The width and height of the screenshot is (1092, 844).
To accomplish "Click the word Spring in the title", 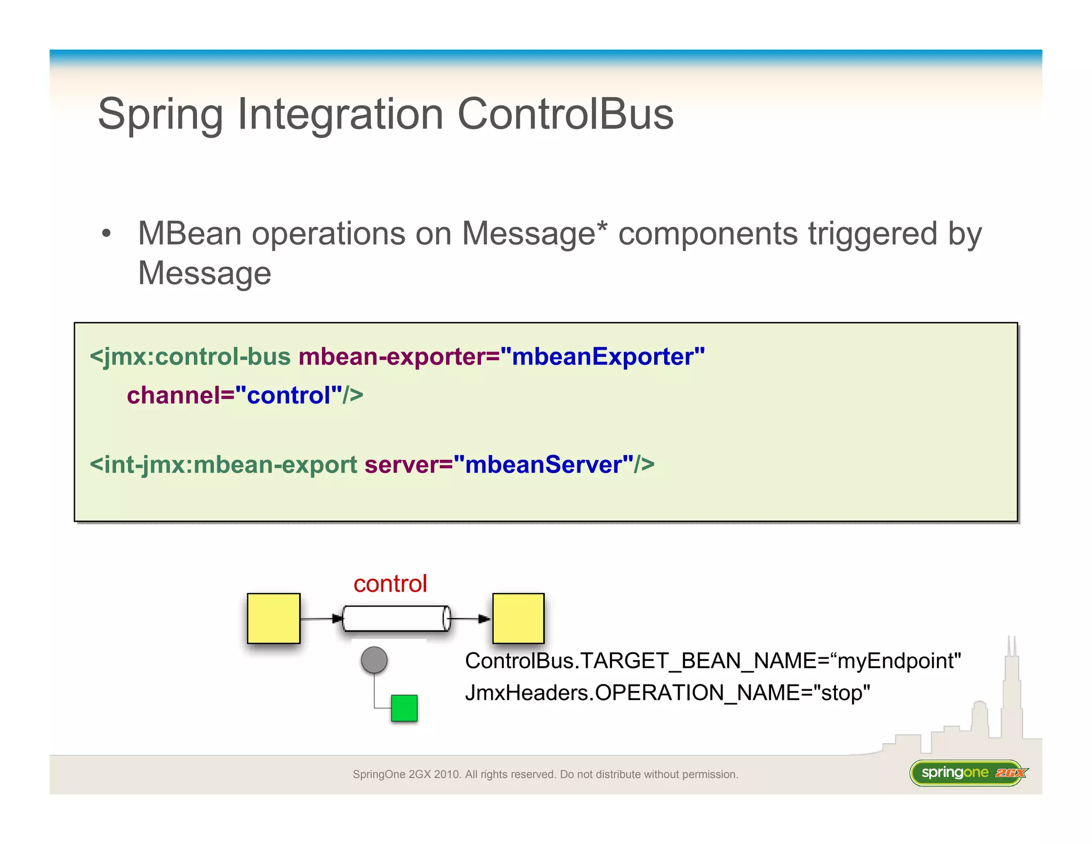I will (x=160, y=115).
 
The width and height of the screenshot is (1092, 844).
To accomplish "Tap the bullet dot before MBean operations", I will (x=107, y=234).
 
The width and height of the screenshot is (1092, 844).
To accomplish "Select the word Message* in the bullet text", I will (x=534, y=234).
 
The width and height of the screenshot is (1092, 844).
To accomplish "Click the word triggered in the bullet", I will (x=872, y=234).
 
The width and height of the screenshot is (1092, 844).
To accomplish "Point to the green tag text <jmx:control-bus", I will (x=190, y=356).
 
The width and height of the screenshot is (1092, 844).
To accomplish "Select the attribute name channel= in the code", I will (x=180, y=395).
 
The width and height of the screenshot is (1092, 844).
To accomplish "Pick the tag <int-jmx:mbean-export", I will (x=223, y=465).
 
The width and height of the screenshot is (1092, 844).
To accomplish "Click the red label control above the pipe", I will (x=390, y=584).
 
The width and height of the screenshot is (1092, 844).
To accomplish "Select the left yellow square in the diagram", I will (x=274, y=618).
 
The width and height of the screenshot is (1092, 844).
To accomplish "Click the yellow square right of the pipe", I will (x=518, y=618).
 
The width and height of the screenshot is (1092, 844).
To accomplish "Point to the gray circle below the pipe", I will (x=374, y=660).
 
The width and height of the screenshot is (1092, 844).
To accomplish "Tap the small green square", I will (x=404, y=708).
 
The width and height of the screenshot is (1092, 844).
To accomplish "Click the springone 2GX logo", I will (x=968, y=773).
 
